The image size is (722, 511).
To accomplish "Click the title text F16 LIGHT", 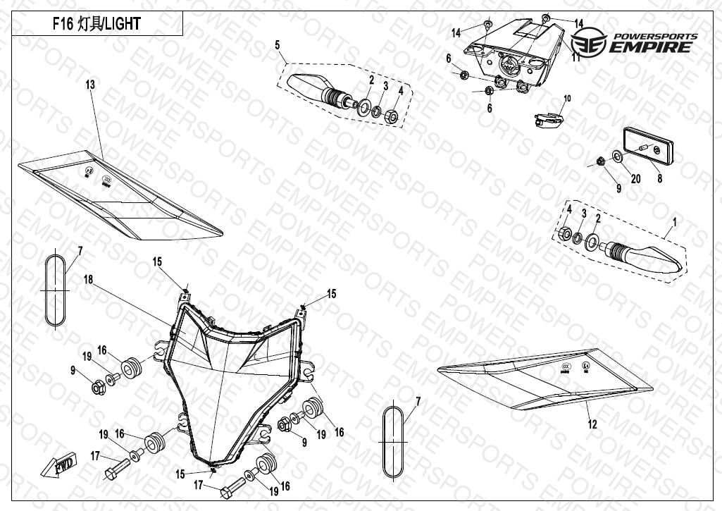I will click(97, 24).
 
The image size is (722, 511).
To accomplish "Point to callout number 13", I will click(90, 85).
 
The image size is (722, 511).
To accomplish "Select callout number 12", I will click(592, 424).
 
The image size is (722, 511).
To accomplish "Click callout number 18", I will click(88, 280).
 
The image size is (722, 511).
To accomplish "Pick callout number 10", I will click(567, 98).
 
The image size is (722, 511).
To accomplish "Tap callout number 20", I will click(635, 179).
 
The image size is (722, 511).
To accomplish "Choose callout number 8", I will click(660, 179).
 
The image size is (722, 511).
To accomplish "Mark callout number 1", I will click(674, 221).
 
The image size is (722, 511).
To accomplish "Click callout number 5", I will click(278, 45).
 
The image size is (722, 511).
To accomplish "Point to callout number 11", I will click(575, 58).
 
